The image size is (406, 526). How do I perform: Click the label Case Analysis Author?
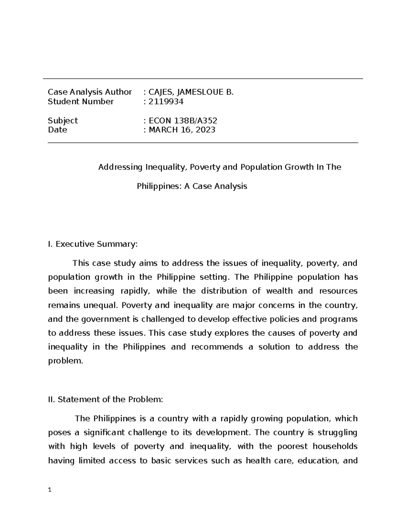(90, 92)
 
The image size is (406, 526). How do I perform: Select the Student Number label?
(81, 102)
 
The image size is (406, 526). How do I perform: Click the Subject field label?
(63, 121)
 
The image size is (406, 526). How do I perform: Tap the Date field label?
(57, 130)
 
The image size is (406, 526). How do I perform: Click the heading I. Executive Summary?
(93, 244)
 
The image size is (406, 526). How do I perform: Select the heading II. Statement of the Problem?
(106, 400)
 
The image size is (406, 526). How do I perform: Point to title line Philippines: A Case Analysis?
(192, 186)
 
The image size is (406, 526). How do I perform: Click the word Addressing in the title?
(120, 167)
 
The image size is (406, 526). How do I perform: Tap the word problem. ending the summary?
(65, 361)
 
